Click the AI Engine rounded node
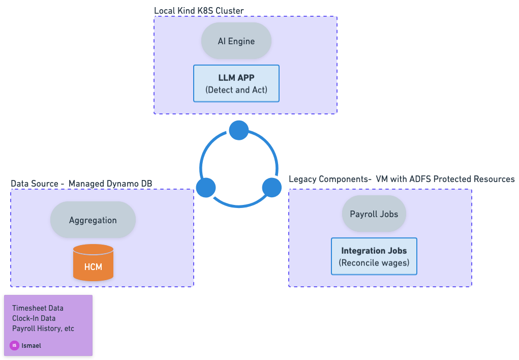[x=236, y=41]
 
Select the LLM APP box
[x=236, y=83]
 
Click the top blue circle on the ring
[x=238, y=131]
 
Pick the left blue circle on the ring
[x=206, y=187]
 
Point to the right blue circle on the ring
[x=271, y=188]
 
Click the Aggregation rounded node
[x=93, y=220]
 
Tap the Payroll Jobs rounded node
[x=374, y=214]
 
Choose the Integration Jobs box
[x=374, y=256]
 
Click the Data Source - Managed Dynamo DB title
[x=81, y=183]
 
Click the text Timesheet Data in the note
[x=38, y=308]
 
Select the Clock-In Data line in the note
[x=34, y=318]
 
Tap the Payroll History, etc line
[x=43, y=328]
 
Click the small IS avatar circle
[x=14, y=345]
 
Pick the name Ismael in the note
[x=32, y=345]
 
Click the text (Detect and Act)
[x=236, y=90]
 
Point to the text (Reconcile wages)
[x=374, y=263]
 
